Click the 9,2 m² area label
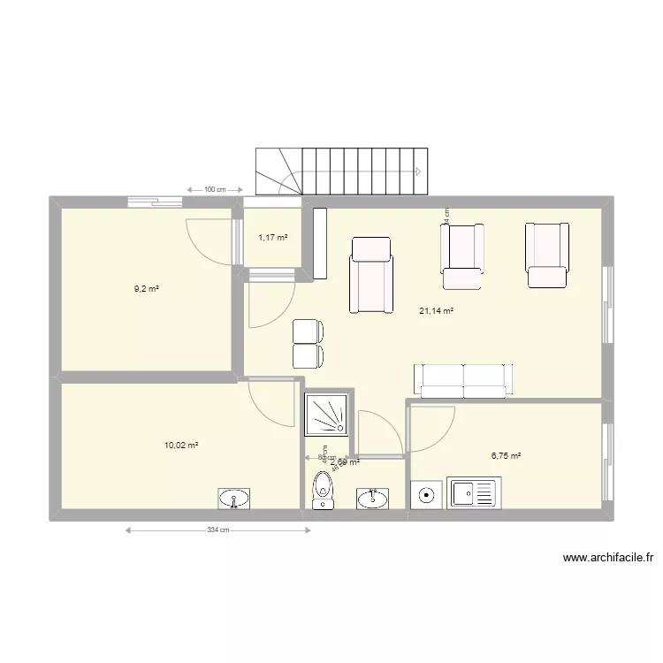point(147,289)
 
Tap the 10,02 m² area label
point(180,445)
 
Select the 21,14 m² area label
point(436,310)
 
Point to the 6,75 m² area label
point(506,456)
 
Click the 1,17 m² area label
point(273,237)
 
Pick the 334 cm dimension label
point(218,530)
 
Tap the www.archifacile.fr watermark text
point(607,558)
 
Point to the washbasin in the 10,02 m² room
point(234,499)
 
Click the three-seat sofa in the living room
point(463,379)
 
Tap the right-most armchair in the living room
point(547,255)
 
